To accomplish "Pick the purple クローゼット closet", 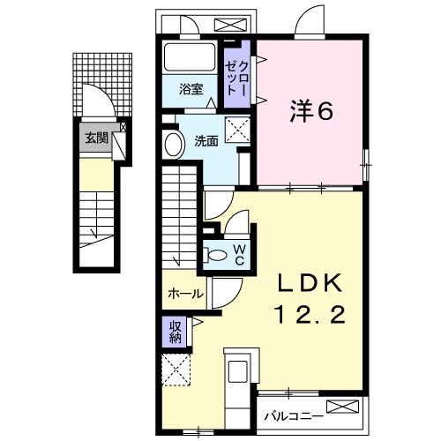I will pyautogui.click(x=237, y=76).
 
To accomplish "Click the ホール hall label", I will pyautogui.click(x=185, y=294).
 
